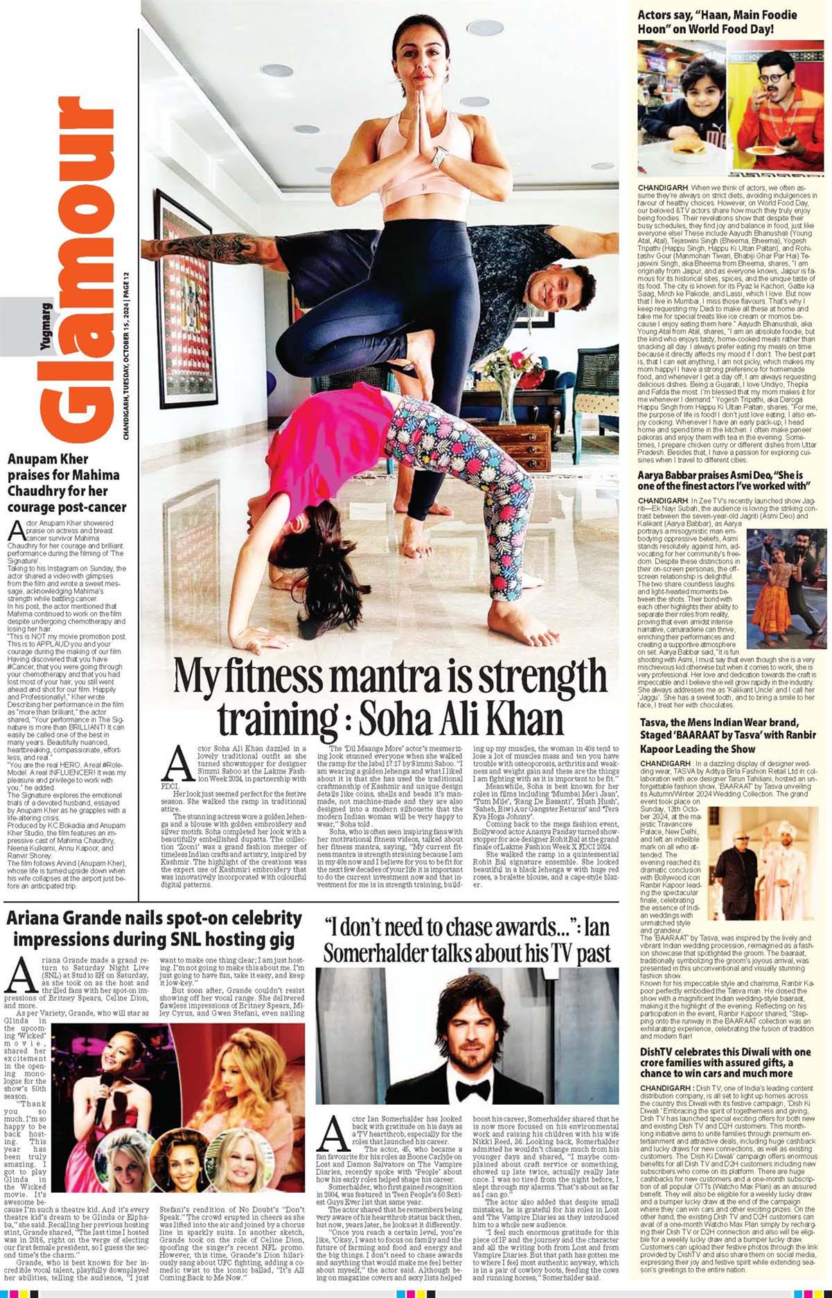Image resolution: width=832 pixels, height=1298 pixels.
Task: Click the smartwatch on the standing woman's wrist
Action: point(439,158)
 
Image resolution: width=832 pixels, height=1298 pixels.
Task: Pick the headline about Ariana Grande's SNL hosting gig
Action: point(154,928)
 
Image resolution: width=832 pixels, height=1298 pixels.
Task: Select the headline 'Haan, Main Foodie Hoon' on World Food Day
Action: point(717,22)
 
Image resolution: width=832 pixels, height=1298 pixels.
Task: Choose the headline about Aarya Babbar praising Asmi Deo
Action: point(720,481)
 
